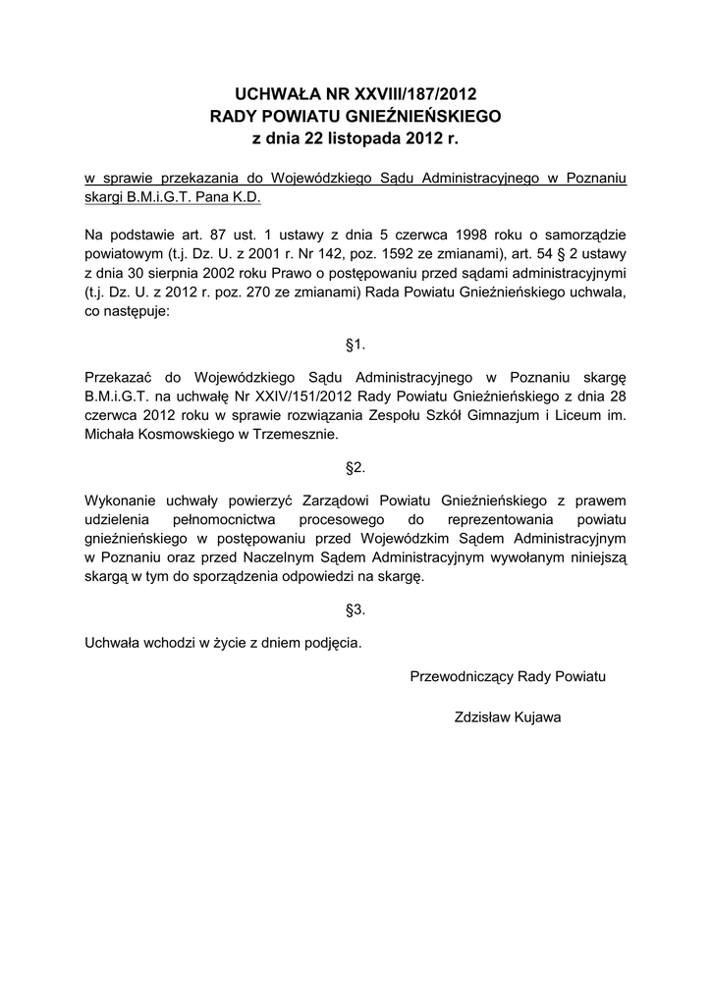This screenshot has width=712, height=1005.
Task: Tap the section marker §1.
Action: pos(356,344)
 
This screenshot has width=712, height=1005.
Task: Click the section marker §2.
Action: pos(356,468)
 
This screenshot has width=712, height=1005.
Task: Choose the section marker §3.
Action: pos(356,609)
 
